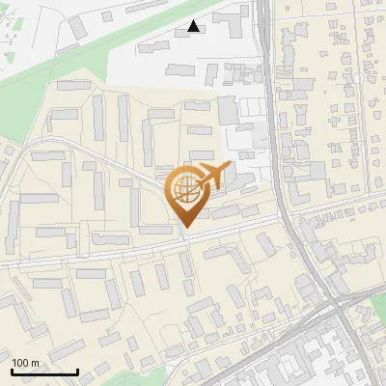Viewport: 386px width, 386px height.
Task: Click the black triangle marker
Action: (x=195, y=27)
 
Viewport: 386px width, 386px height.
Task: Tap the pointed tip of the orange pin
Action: (x=183, y=227)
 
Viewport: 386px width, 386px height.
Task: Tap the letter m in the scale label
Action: (x=37, y=362)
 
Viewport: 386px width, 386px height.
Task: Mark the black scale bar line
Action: (x=44, y=372)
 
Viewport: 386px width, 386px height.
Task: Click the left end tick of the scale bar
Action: (x=12, y=371)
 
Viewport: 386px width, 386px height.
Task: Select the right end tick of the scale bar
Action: (x=77, y=371)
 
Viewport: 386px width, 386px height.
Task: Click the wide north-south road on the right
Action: (x=277, y=145)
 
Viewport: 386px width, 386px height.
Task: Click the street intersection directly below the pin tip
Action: (x=183, y=238)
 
